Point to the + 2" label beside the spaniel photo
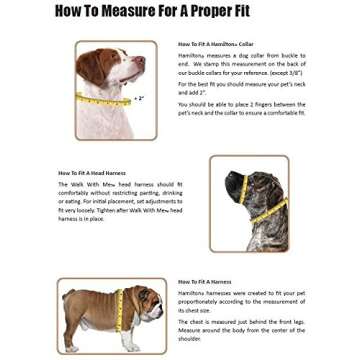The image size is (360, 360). pyautogui.click(x=139, y=97)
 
